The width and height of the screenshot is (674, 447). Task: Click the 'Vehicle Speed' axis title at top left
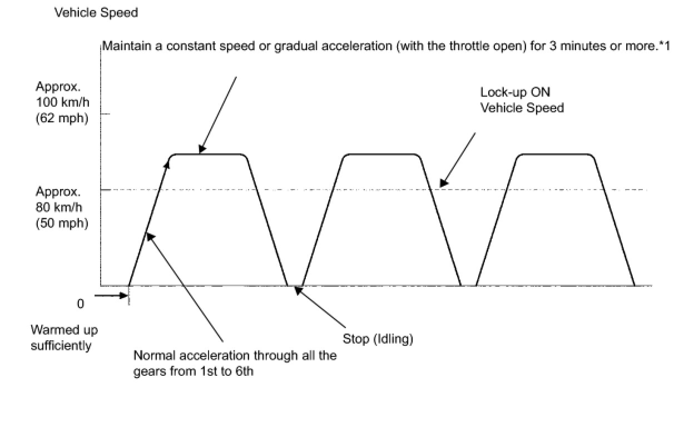tap(96, 12)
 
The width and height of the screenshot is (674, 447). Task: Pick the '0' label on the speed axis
tap(80, 304)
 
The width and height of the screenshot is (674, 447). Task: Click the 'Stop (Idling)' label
tap(378, 339)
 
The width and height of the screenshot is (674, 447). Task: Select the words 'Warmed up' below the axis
tap(64, 330)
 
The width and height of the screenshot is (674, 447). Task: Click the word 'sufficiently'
tap(61, 345)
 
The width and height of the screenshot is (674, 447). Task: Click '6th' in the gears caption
tap(242, 371)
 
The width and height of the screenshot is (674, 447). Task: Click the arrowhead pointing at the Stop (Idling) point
tap(298, 290)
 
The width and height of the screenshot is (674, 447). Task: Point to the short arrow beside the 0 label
tap(111, 295)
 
